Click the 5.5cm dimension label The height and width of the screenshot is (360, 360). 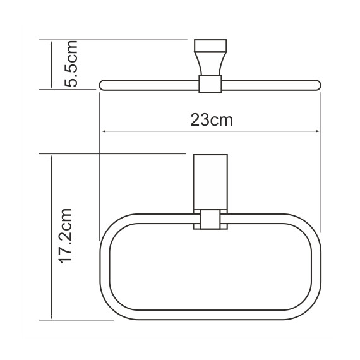71,64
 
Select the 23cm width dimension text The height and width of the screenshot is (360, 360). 212,120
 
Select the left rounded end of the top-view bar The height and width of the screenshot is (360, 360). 104,83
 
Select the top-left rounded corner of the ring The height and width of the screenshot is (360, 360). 114,226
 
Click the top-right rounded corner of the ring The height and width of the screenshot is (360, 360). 308,226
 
